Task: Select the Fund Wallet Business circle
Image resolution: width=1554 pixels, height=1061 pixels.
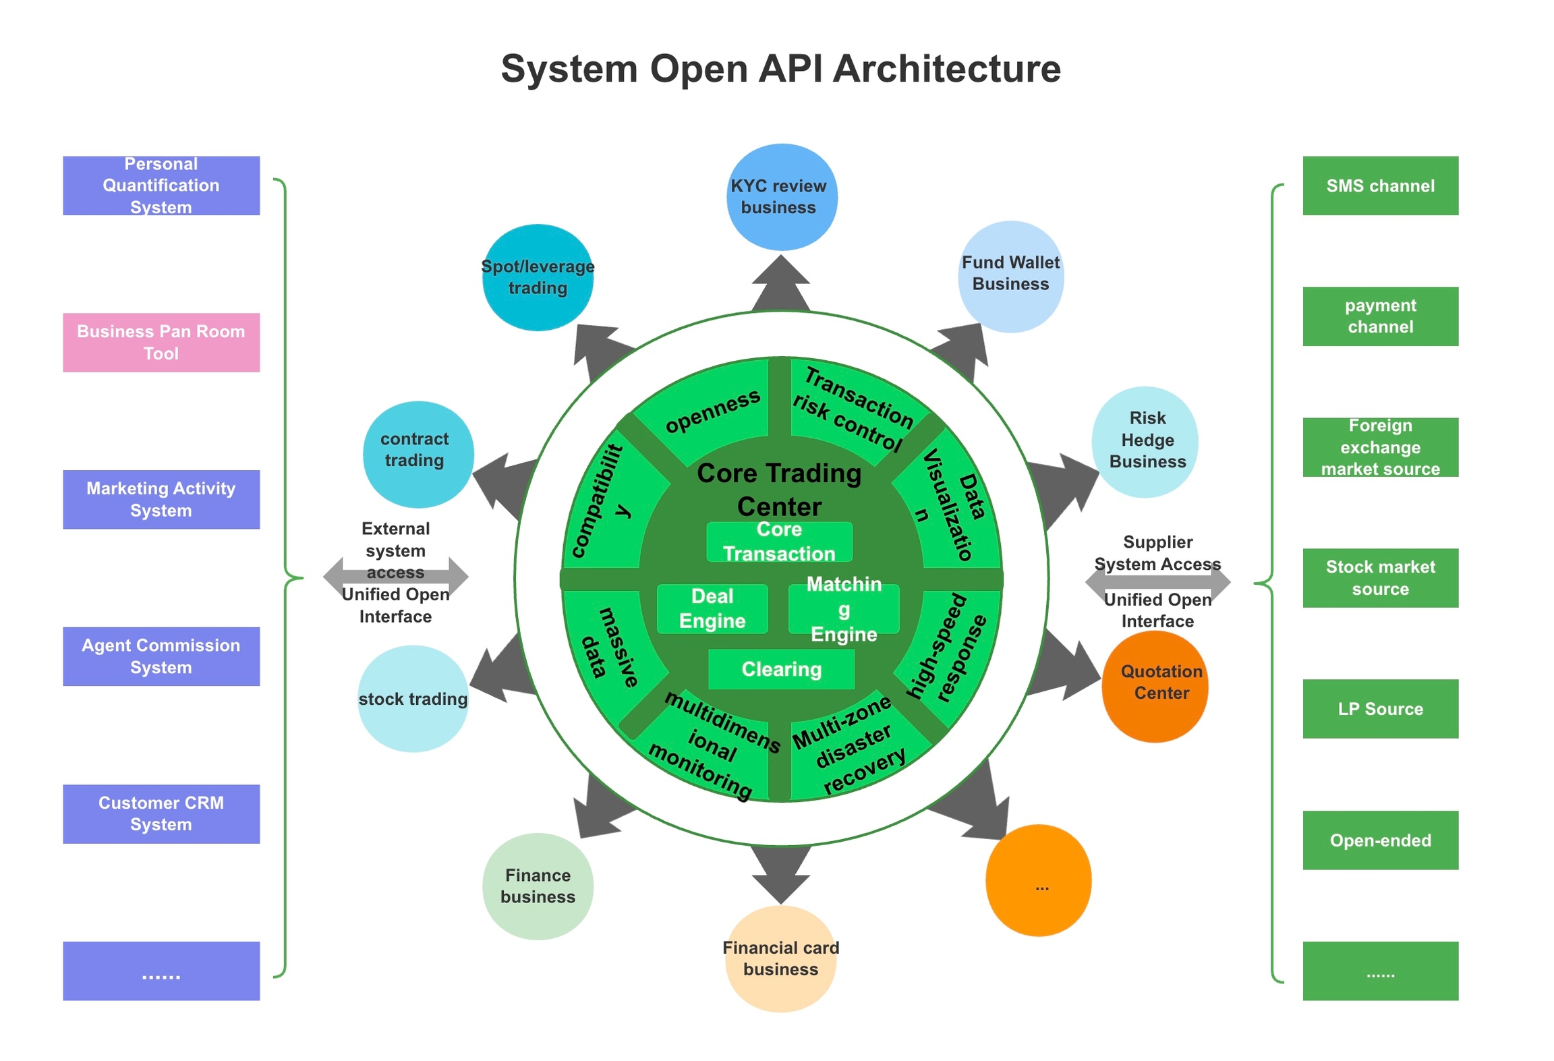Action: [x=1010, y=276]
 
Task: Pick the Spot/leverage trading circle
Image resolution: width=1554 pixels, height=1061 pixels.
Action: [x=538, y=277]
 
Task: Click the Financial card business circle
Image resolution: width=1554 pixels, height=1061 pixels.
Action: [x=780, y=958]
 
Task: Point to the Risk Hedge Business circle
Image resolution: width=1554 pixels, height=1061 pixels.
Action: [x=1144, y=441]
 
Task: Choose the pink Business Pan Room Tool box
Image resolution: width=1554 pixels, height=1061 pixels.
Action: [x=161, y=342]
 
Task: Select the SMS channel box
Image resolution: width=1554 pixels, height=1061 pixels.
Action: [x=1379, y=185]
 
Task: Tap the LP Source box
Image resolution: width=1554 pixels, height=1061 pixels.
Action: [x=1379, y=708]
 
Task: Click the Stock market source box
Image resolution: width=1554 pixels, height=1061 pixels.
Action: [x=1379, y=577]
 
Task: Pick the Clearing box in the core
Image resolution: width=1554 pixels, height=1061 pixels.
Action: [x=780, y=668]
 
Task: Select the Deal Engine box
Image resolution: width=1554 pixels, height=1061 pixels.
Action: [x=712, y=608]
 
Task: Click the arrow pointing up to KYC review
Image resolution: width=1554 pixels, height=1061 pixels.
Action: [x=780, y=283]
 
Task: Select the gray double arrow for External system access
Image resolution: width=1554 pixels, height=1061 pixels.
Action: [x=395, y=575]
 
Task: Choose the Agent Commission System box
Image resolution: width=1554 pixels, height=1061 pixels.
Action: [x=161, y=656]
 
